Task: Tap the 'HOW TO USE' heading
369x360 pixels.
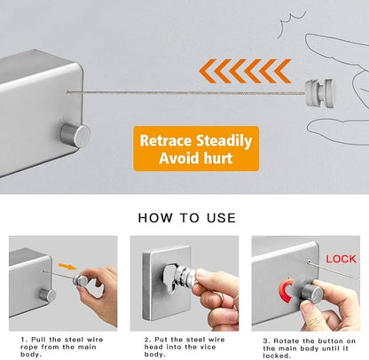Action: tap(185, 216)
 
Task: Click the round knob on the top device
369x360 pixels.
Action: tap(75, 136)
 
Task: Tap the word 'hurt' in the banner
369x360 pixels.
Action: tap(223, 160)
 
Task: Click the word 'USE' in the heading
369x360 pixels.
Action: tap(218, 216)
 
